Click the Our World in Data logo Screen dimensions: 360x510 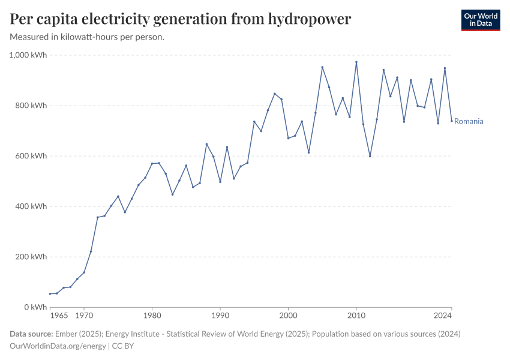point(480,20)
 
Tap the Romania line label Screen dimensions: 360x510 point(469,121)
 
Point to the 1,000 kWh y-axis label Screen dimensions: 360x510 point(28,55)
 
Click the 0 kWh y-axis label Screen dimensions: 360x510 point(35,307)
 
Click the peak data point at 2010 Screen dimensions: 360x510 point(356,62)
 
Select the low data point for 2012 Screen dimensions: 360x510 point(370,156)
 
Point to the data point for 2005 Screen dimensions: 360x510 point(322,67)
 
